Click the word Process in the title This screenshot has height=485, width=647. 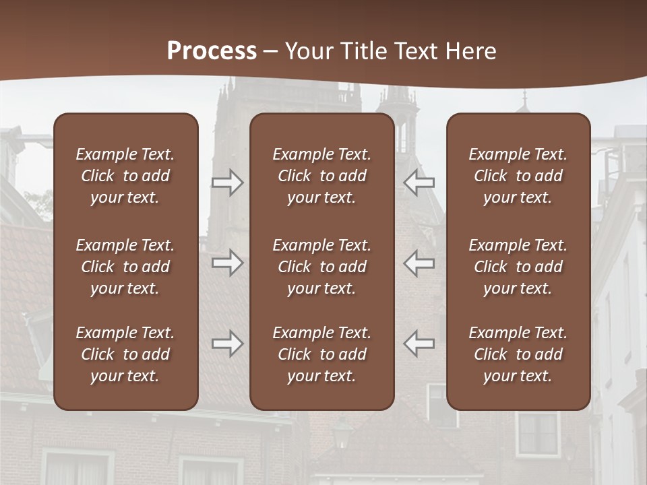[x=212, y=51]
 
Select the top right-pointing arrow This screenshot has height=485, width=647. [x=227, y=183]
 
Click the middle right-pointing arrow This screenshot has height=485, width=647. [x=227, y=263]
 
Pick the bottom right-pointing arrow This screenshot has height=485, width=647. [x=227, y=344]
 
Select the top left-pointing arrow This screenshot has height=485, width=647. [x=419, y=183]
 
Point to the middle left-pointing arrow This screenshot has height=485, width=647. [x=419, y=263]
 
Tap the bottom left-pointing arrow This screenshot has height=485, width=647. [x=419, y=344]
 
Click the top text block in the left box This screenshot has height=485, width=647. [x=125, y=176]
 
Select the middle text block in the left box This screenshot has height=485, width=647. [x=125, y=267]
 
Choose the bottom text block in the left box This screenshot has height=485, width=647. [x=125, y=354]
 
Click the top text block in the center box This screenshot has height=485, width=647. [x=321, y=176]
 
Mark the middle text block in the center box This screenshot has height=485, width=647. [x=321, y=267]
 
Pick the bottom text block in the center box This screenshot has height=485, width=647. [x=321, y=354]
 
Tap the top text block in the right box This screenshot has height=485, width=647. [x=518, y=176]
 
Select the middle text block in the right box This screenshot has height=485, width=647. [x=518, y=267]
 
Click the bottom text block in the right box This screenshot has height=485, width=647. [x=518, y=354]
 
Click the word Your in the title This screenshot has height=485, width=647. [x=308, y=51]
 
